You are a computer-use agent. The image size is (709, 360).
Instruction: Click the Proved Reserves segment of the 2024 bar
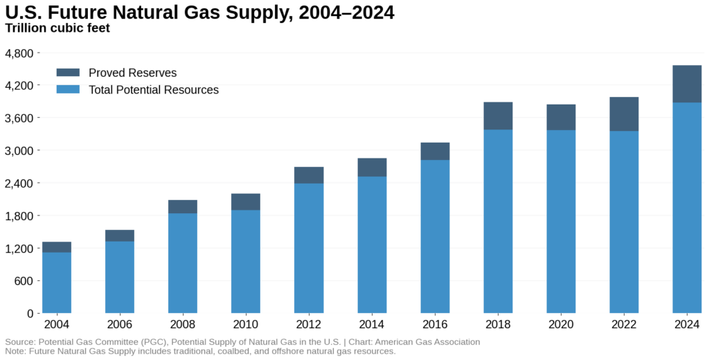[687, 84]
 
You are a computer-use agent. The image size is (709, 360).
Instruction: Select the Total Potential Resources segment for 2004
[57, 282]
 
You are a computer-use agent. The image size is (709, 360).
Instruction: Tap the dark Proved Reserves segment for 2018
[498, 116]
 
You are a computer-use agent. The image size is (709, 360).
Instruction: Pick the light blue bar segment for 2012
[309, 248]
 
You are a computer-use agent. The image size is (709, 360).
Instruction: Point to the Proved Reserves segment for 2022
[624, 114]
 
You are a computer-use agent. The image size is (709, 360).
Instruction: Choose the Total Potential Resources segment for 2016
[435, 236]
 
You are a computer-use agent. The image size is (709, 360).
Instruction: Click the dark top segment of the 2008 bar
[183, 206]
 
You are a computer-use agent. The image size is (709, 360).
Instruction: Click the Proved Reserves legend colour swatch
[68, 73]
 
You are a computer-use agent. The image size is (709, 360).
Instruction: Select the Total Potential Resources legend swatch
[68, 90]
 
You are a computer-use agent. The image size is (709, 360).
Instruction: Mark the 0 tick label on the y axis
[29, 314]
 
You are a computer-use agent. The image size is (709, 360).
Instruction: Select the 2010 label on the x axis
[246, 325]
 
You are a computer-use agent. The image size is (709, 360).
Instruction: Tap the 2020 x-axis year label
[561, 325]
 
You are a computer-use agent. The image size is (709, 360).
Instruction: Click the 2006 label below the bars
[120, 325]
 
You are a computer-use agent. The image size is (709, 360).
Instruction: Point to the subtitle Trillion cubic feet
[57, 28]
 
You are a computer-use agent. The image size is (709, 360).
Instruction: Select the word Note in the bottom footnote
[15, 352]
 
